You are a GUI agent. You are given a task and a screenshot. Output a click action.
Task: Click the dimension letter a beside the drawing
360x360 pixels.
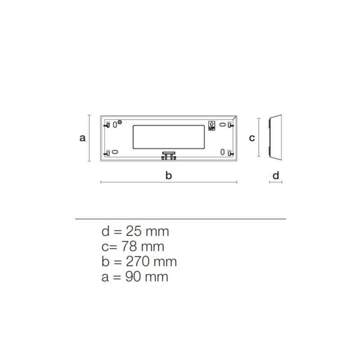(x=82, y=138)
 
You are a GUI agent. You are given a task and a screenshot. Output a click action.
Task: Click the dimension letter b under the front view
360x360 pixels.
(x=168, y=175)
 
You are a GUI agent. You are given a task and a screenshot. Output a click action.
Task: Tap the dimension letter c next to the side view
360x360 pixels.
(x=252, y=138)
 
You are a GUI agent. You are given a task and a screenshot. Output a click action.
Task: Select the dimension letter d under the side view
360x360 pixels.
(x=276, y=175)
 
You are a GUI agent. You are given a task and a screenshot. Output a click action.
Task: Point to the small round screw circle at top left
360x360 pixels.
(x=120, y=122)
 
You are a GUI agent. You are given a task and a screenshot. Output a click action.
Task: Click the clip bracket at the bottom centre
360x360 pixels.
(x=168, y=155)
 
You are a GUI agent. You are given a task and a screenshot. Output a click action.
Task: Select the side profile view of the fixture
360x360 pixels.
(x=275, y=137)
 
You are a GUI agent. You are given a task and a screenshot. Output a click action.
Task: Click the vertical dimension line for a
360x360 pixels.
(x=90, y=138)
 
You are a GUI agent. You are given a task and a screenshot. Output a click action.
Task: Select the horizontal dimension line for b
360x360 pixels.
(x=168, y=182)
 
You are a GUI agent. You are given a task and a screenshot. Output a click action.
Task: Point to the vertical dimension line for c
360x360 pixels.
(x=259, y=137)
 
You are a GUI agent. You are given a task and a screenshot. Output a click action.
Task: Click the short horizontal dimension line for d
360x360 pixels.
(x=275, y=182)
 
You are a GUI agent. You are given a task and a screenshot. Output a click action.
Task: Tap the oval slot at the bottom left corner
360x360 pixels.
(x=115, y=152)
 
